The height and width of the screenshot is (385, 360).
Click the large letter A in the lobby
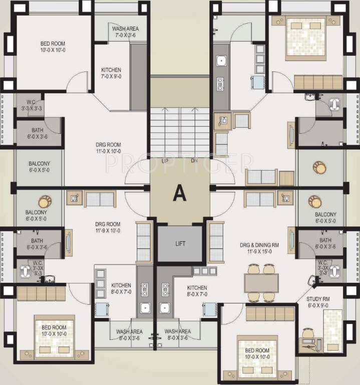[x=179, y=193]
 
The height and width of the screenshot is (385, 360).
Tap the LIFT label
[x=180, y=244]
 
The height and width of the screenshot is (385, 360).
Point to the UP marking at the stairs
[x=165, y=161]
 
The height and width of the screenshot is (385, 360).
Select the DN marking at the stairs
[x=194, y=161]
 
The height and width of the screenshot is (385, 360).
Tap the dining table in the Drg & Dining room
[x=262, y=283]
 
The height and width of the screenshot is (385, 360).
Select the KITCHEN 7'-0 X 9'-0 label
[x=111, y=73]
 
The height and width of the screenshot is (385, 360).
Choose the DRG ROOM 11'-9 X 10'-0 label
[x=108, y=227]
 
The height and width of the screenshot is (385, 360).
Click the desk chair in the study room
[x=306, y=333]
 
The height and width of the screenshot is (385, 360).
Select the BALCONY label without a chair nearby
[x=39, y=167]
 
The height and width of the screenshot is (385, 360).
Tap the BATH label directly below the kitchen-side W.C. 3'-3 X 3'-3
[x=37, y=133]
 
